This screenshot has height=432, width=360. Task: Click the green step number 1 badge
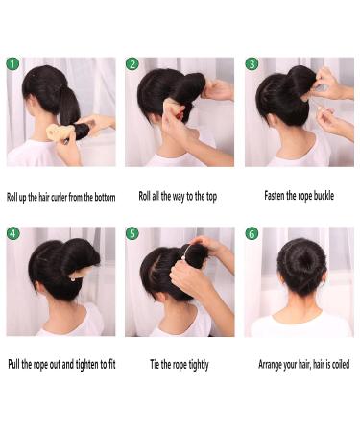[x=12, y=64]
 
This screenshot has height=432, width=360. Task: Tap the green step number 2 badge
[x=132, y=64]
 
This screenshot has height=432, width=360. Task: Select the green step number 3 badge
[x=252, y=64]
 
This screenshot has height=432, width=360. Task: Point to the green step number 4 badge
[x=12, y=233]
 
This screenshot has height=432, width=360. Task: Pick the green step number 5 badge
[x=132, y=233]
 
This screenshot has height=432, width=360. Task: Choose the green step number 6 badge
[x=252, y=233]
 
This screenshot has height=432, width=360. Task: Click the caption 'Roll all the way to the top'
[x=180, y=196]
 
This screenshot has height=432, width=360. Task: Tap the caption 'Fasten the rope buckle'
[x=299, y=196]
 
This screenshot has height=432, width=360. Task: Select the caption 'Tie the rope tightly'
[x=179, y=365]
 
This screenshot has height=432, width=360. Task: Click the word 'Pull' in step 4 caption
[x=14, y=365]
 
